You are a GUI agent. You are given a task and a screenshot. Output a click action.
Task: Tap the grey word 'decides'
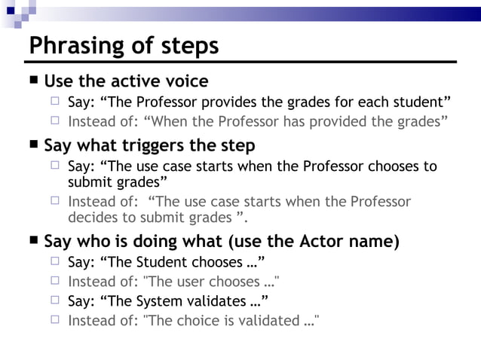pos(93,217)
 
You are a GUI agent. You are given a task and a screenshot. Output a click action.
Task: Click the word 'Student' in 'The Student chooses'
pos(161,262)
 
